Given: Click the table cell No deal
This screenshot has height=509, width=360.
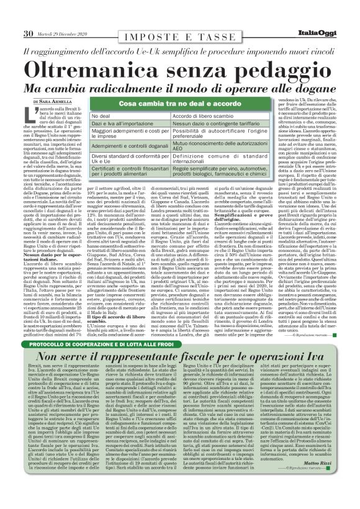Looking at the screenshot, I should pyautogui.click(x=102, y=117).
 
